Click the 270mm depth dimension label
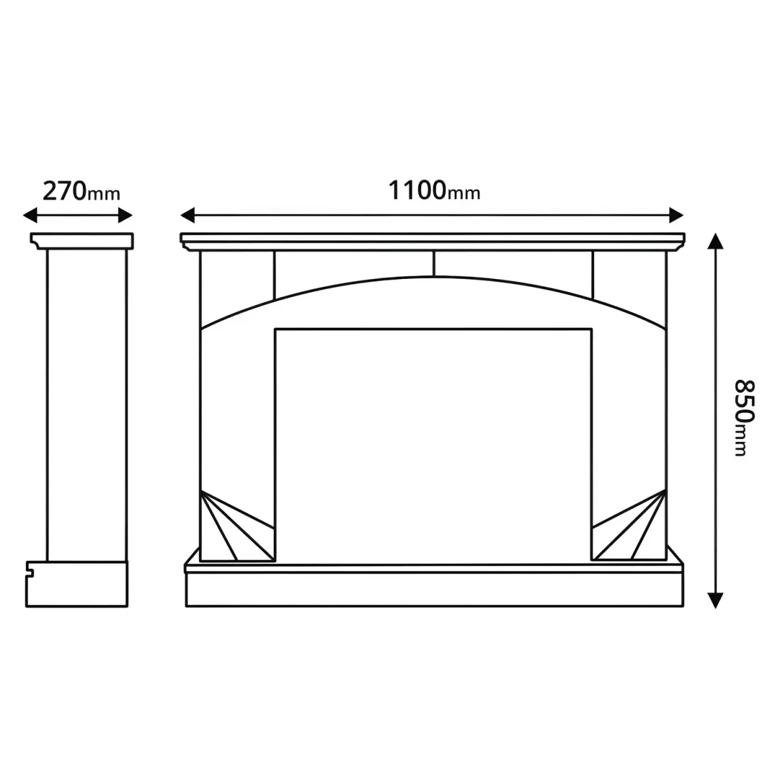(81, 191)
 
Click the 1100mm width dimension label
(434, 191)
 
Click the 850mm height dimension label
(743, 418)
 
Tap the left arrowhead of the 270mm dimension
(30, 215)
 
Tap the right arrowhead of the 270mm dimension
(125, 215)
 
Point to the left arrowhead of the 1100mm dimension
(187, 215)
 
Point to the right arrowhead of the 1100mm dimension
(676, 215)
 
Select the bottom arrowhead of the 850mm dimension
(716, 601)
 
